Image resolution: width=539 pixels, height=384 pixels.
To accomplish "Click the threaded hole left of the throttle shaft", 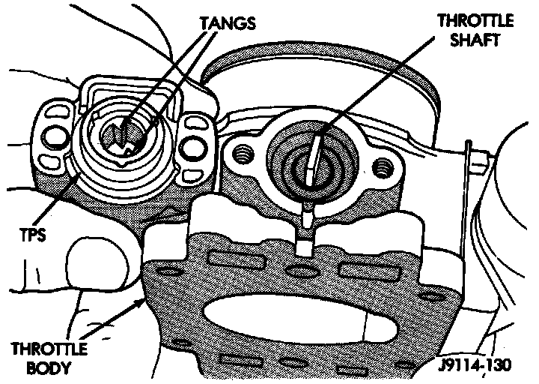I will tap(243, 156).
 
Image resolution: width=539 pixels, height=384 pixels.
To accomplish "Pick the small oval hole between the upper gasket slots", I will tap(301, 271).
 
